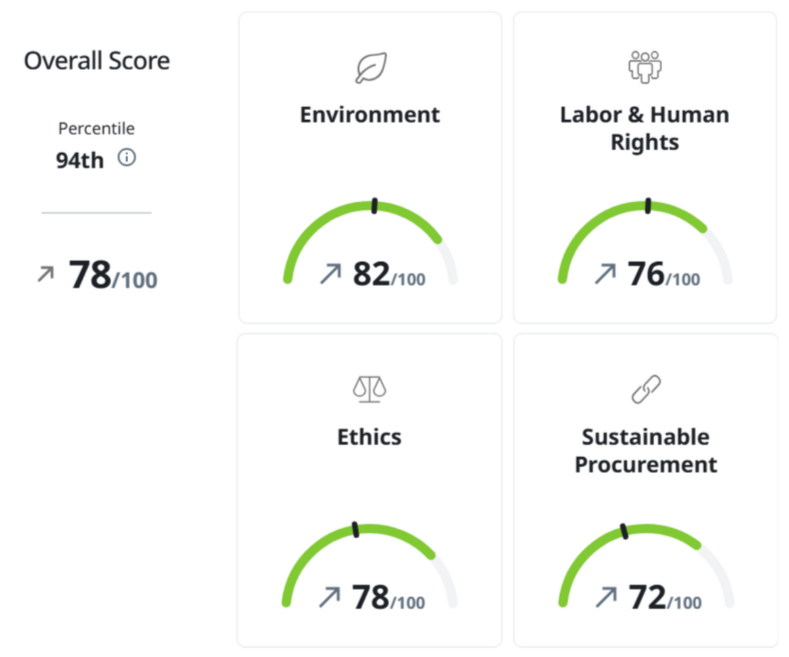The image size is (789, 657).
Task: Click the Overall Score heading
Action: (x=97, y=61)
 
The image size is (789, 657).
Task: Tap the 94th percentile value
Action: (x=80, y=160)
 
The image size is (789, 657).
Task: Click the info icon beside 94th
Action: (x=126, y=158)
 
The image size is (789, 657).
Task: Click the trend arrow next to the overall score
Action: (x=45, y=274)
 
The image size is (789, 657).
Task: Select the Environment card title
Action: (x=370, y=114)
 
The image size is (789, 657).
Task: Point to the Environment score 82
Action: (x=371, y=274)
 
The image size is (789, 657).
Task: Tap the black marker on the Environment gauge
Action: (x=374, y=205)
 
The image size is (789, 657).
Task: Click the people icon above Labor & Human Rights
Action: (x=644, y=67)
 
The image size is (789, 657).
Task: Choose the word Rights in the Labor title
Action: (x=644, y=143)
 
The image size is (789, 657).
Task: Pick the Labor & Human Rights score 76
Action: (x=646, y=274)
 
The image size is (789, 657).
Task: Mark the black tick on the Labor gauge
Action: (x=648, y=205)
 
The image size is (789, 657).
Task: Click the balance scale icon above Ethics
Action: (x=369, y=390)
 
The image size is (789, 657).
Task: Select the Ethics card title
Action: (x=369, y=437)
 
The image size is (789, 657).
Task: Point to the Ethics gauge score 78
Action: (x=371, y=597)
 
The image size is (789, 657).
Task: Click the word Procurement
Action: (x=645, y=464)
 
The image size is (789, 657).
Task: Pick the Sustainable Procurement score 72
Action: (x=647, y=597)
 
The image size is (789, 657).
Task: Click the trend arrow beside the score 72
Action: (x=606, y=597)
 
